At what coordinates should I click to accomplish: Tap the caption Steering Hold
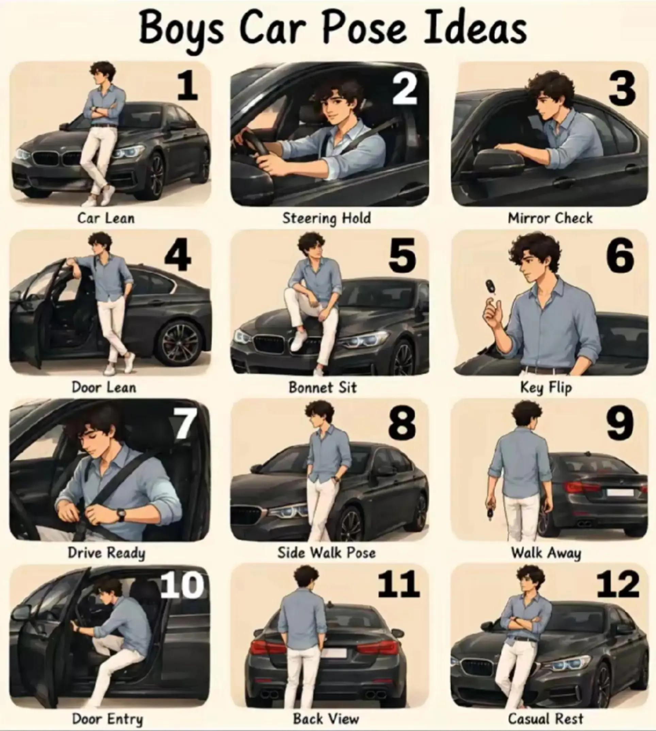(x=327, y=218)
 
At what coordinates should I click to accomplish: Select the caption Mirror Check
(x=550, y=218)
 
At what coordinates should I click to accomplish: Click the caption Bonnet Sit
(x=323, y=388)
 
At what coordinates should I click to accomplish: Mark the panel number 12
(x=617, y=584)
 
